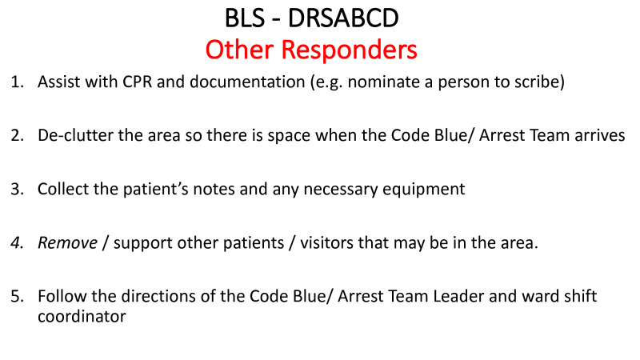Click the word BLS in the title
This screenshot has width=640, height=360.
[x=245, y=18]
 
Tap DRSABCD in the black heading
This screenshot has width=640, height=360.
[x=343, y=18]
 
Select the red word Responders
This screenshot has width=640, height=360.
[x=349, y=50]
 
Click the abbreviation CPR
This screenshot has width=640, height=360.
[x=137, y=82]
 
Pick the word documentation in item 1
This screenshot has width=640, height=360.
[x=247, y=82]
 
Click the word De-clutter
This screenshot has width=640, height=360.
[x=75, y=135]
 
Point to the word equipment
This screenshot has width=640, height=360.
[x=424, y=190]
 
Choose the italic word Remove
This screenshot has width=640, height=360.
[x=68, y=243]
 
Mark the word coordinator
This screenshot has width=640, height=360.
[x=82, y=316]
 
